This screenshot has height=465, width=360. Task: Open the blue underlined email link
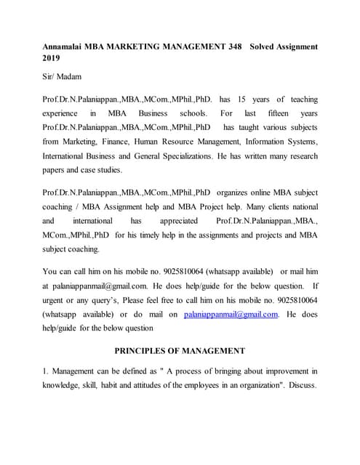(x=231, y=314)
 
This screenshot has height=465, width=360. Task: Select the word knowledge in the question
(x=62, y=385)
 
